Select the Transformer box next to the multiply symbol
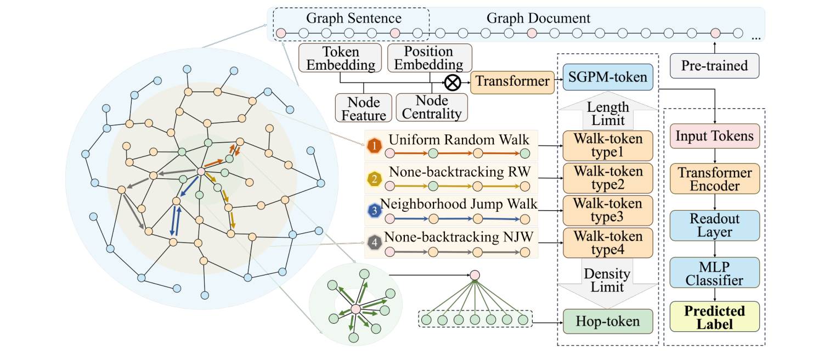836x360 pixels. [512, 82]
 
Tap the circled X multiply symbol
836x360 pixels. [453, 83]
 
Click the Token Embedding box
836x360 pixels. [340, 58]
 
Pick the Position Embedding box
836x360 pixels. [428, 58]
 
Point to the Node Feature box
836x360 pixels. [364, 108]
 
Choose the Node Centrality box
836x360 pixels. [432, 107]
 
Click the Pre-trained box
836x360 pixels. [714, 66]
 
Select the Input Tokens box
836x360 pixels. [714, 136]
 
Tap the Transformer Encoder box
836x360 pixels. [714, 179]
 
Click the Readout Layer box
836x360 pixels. [714, 225]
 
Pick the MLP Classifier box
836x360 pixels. [714, 273]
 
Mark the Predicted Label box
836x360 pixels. [714, 317]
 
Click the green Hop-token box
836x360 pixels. [608, 322]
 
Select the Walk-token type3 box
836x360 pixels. [608, 211]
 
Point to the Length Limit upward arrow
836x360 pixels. [608, 112]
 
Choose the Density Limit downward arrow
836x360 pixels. [608, 283]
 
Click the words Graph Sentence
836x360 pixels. [354, 18]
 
